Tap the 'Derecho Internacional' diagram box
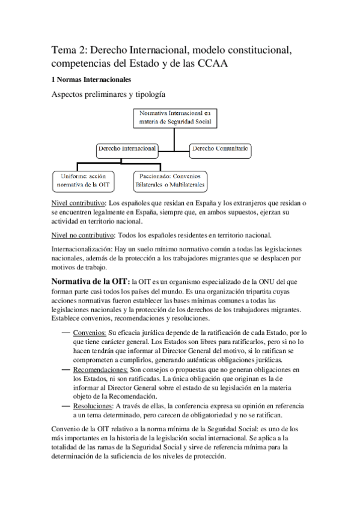coord(127,149)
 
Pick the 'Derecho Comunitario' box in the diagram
coord(220,149)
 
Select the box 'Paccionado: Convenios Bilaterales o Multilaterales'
coord(170,180)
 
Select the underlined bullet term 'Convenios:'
coord(90,332)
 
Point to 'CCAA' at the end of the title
coord(213,63)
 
